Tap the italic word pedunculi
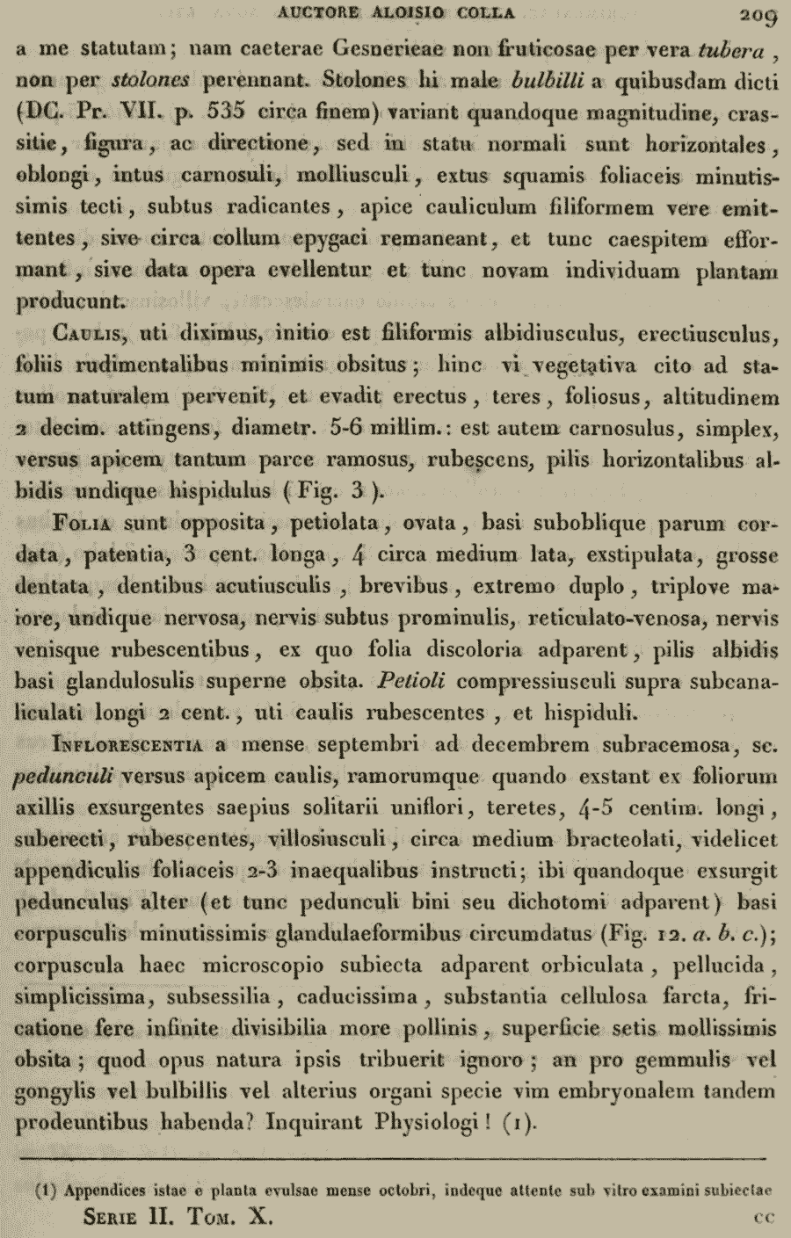click(67, 777)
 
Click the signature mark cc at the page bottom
click(763, 1219)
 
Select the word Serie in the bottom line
click(120, 1219)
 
